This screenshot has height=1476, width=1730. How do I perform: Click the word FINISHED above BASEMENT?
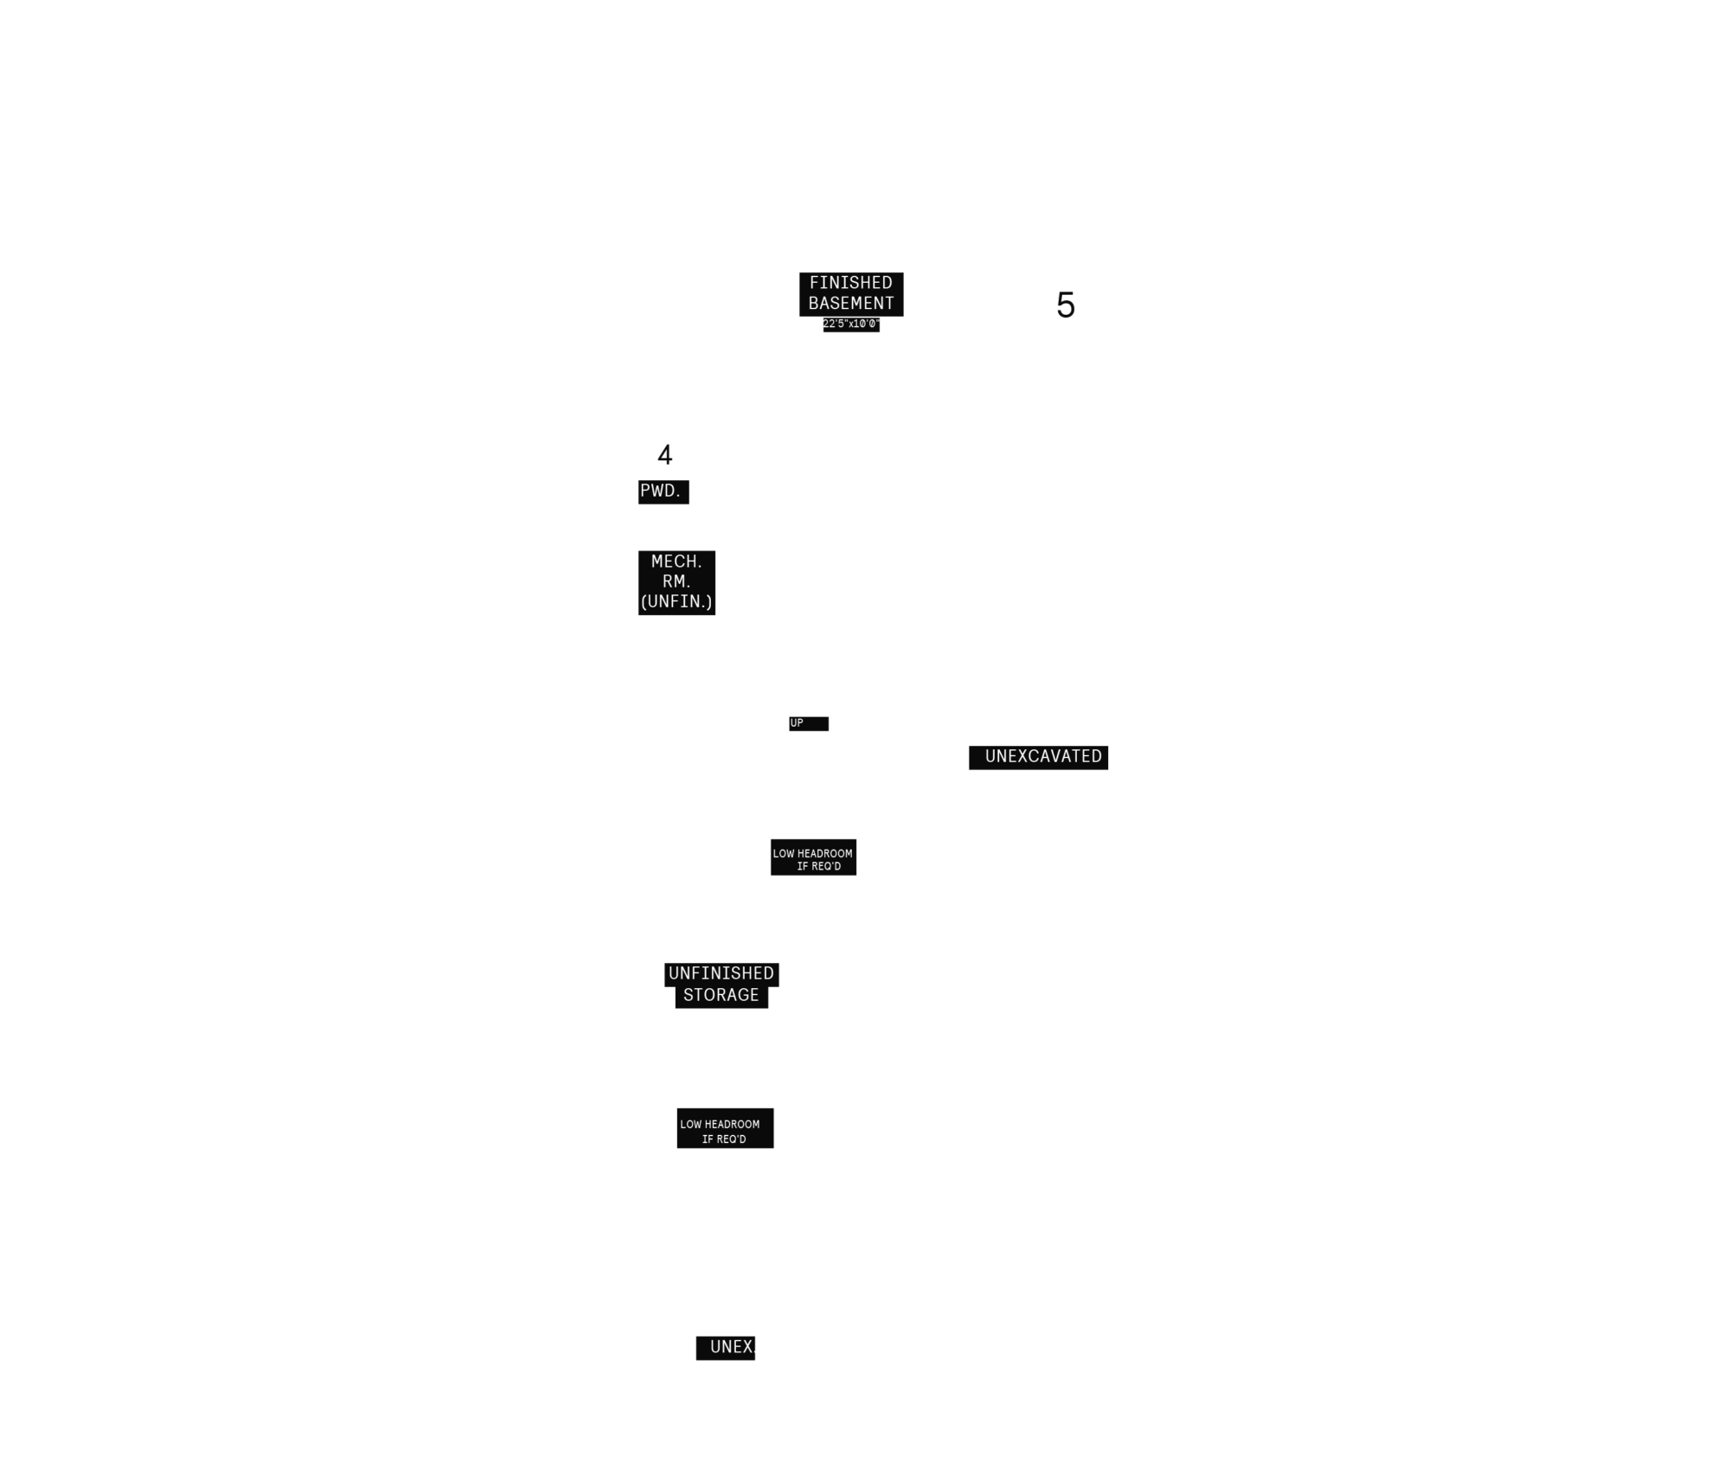(850, 283)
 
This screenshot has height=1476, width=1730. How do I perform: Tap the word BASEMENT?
(851, 304)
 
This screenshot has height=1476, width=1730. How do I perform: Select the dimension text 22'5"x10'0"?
(851, 324)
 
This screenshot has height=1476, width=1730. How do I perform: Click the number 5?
(1066, 305)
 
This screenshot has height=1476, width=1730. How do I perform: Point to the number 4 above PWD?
(664, 455)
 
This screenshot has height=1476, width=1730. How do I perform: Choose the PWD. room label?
(661, 491)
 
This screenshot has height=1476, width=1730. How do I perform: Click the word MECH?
(676, 562)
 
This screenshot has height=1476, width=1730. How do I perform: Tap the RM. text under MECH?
(676, 581)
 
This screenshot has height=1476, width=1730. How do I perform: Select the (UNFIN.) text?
(676, 601)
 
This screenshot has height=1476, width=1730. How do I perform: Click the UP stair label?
(797, 723)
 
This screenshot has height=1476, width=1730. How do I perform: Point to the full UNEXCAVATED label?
(1043, 756)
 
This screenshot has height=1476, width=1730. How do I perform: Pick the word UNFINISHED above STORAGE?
(721, 973)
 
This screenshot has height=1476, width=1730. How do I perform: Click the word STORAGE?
(721, 995)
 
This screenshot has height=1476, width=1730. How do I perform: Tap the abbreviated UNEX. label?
(732, 1346)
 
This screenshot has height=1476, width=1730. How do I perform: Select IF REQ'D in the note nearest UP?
(819, 867)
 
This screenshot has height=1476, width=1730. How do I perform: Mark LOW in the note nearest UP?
(784, 854)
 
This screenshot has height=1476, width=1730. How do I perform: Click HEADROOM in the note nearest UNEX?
(732, 1125)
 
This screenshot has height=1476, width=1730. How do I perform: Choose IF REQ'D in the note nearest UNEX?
(724, 1139)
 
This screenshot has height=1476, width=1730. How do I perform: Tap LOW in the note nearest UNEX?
(691, 1125)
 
